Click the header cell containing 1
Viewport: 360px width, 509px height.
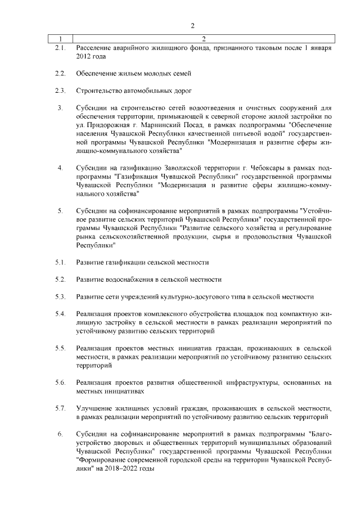click(59, 39)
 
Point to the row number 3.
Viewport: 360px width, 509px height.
click(60, 107)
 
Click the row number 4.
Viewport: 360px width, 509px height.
click(60, 168)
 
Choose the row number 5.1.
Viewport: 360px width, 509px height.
click(60, 263)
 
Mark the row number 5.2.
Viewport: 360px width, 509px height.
click(60, 280)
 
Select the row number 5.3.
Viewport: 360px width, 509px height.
click(60, 296)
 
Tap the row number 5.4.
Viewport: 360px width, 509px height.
click(60, 313)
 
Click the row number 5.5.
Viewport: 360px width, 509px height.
click(60, 349)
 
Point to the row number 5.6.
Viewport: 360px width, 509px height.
click(60, 382)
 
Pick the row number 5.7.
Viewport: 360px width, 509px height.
click(60, 408)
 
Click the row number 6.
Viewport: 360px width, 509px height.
click(60, 434)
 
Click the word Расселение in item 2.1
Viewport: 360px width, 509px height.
click(94, 48)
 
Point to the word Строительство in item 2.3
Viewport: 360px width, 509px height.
click(99, 91)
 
